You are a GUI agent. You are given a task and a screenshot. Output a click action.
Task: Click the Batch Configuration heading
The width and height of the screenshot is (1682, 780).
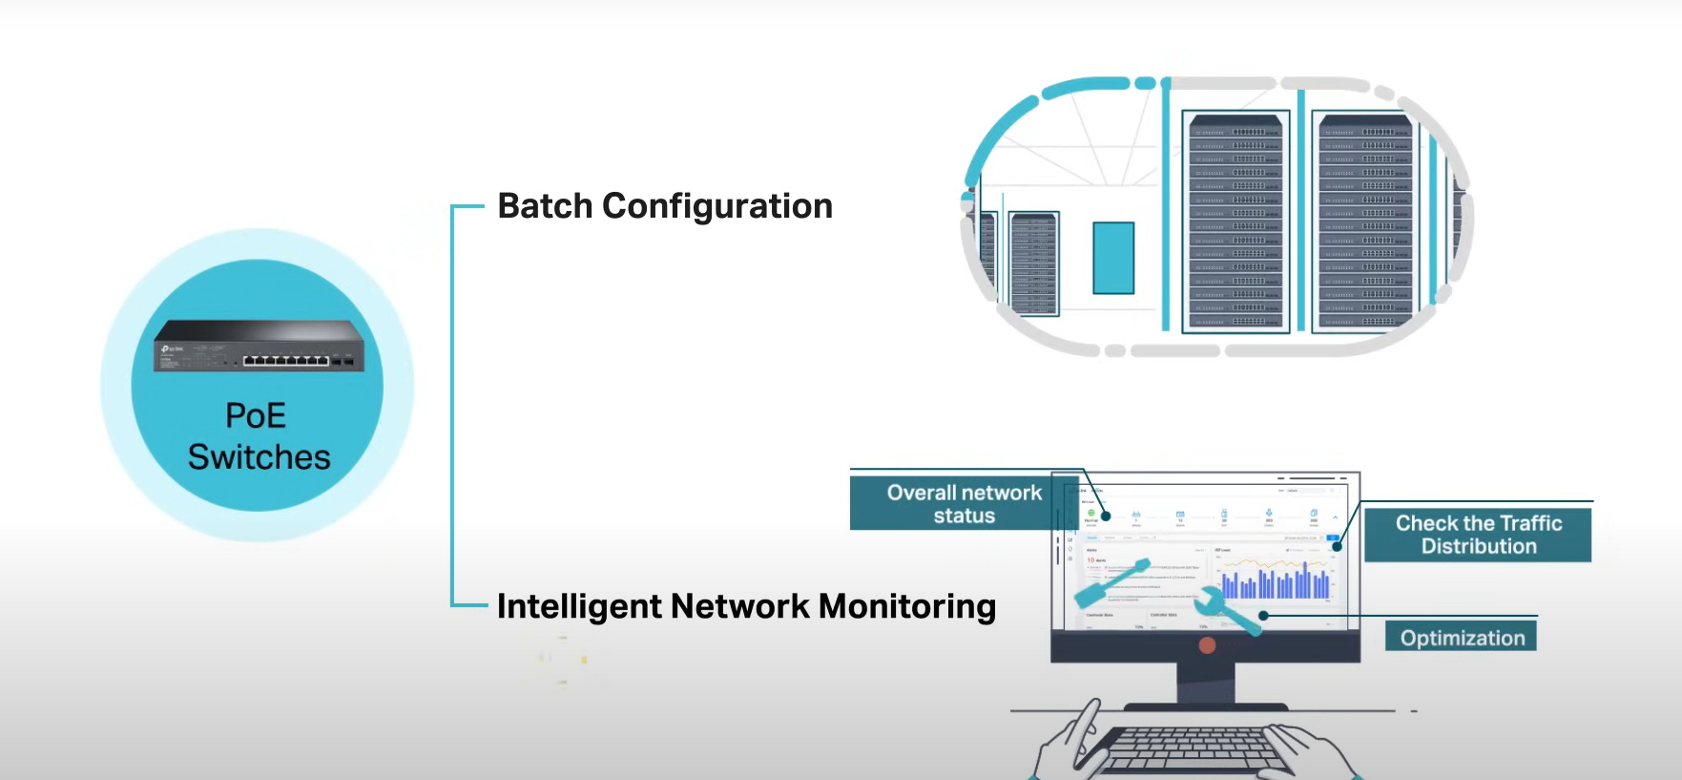(665, 206)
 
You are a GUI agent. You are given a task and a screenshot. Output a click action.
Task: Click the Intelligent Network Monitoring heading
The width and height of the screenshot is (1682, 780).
(746, 606)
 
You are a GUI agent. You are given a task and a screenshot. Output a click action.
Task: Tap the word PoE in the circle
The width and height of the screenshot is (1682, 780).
(256, 415)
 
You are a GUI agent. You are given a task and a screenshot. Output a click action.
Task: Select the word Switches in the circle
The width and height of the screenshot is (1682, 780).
(259, 457)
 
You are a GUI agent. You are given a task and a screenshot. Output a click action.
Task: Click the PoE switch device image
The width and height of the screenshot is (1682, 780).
(259, 346)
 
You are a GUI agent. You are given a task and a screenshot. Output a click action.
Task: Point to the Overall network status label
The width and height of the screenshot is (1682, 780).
(964, 503)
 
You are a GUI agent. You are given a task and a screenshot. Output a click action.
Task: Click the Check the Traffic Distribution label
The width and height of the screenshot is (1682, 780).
(1478, 535)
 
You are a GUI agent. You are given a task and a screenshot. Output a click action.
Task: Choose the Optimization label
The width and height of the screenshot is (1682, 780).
(1462, 638)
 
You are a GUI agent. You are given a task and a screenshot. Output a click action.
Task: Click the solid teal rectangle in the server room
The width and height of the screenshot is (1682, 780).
(1113, 258)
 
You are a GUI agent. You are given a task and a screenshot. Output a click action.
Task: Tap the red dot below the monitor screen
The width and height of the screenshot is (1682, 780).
(1207, 645)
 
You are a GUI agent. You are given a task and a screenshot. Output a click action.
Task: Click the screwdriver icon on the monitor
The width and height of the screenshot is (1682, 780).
(1111, 584)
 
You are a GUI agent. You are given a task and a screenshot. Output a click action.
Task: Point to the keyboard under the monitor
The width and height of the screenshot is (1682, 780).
(1188, 749)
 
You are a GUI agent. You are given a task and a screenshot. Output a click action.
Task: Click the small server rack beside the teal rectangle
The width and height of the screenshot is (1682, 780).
(1034, 264)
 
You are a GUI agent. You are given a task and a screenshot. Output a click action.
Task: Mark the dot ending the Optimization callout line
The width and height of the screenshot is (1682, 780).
(1263, 616)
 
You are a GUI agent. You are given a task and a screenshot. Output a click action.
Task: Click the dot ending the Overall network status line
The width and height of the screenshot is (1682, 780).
(1106, 516)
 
